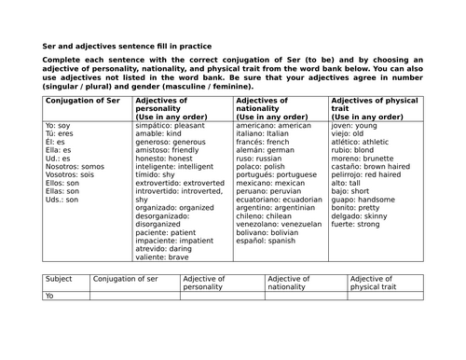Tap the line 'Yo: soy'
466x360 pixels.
(58, 124)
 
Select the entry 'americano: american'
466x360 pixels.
(272, 124)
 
